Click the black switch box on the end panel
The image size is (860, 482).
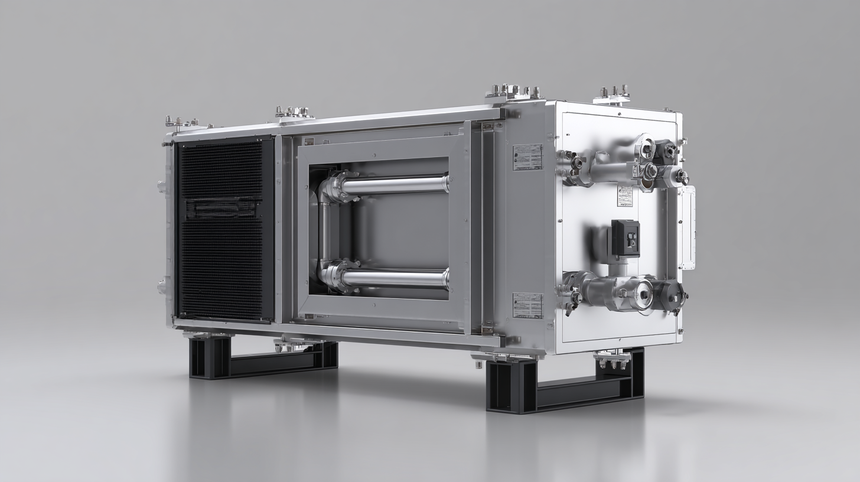(625, 238)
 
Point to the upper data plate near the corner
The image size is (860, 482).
(527, 157)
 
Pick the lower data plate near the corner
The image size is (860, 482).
(527, 305)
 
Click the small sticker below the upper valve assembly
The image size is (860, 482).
(625, 196)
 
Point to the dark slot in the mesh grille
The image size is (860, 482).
(221, 208)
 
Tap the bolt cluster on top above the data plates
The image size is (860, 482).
(513, 92)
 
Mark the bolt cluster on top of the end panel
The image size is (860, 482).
(613, 93)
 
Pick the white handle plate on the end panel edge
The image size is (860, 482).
(688, 227)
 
